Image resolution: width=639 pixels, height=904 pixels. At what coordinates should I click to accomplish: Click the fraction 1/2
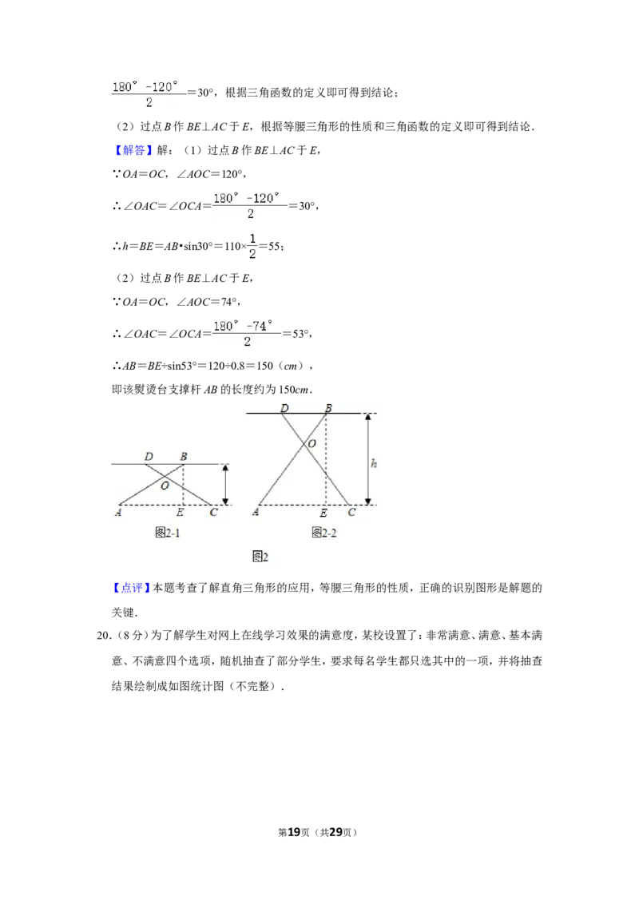252,246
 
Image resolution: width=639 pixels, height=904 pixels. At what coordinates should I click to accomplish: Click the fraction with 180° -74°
248,333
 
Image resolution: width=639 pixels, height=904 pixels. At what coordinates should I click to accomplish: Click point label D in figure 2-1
149,457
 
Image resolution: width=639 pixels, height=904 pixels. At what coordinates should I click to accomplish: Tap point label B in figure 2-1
184,457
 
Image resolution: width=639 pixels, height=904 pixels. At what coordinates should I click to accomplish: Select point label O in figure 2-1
165,485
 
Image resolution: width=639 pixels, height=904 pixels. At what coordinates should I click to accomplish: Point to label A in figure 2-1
118,513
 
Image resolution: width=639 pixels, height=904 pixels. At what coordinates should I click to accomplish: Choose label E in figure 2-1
180,513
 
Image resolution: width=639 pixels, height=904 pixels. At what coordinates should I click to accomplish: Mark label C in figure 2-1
213,513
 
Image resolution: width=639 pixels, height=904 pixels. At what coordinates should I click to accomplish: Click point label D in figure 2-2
284,409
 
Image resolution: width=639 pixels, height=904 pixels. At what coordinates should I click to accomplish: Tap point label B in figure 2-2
327,409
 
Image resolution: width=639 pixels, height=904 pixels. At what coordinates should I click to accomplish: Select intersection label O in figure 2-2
312,443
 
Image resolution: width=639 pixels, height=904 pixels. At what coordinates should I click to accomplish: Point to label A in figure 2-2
256,513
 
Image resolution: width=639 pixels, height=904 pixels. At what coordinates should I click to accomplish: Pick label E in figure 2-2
323,513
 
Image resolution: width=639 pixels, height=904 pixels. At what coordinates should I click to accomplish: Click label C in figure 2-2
351,513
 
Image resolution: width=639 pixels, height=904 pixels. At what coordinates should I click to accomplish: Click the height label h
374,463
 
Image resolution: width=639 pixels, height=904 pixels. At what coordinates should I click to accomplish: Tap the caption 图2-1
167,533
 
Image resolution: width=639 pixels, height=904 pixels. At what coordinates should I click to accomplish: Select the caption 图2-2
324,533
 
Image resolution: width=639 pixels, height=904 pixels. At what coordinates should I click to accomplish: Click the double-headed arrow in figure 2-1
225,484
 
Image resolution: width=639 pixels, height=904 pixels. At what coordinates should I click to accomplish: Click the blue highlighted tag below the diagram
130,588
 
